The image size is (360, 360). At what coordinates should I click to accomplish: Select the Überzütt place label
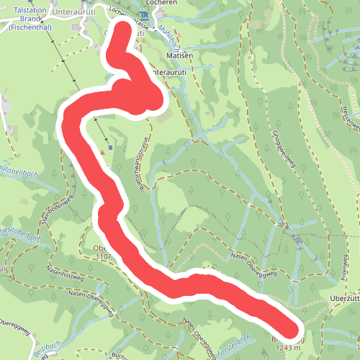(x=344, y=299)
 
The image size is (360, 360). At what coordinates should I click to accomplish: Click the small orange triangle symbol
(x=103, y=152)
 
